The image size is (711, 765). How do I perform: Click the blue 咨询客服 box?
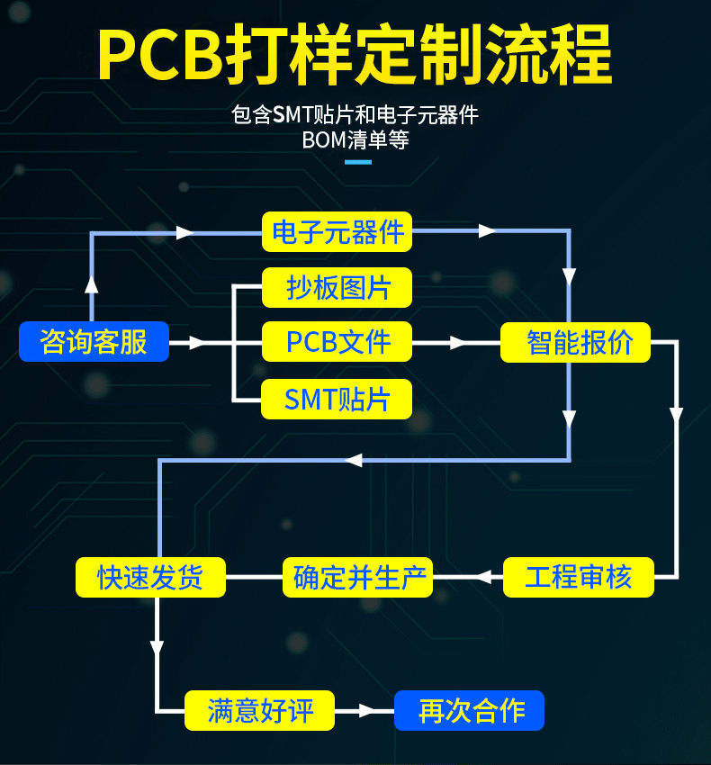(x=94, y=341)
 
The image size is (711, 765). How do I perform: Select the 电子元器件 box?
(x=337, y=231)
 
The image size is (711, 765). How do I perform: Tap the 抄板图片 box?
(x=337, y=287)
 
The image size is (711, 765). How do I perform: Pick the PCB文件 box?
(x=337, y=341)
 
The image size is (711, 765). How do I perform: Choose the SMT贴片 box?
(x=337, y=399)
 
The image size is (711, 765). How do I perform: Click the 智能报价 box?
(x=575, y=342)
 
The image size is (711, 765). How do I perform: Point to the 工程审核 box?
(x=579, y=577)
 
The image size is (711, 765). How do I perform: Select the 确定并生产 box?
(x=357, y=577)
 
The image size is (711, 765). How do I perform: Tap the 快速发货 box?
(x=151, y=577)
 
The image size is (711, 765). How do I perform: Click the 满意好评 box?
(x=259, y=710)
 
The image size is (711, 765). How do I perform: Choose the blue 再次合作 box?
(x=470, y=710)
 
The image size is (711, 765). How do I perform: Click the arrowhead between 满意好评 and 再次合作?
(x=367, y=711)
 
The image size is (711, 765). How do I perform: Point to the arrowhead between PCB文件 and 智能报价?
(x=459, y=343)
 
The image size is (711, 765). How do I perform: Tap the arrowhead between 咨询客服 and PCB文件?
(x=198, y=343)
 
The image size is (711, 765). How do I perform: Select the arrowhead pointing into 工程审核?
(x=483, y=577)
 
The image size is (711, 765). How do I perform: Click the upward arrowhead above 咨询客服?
(x=91, y=284)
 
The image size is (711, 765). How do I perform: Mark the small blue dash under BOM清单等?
(x=358, y=162)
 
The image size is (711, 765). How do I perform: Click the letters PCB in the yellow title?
(x=160, y=55)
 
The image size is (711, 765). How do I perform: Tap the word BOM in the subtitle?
(x=324, y=140)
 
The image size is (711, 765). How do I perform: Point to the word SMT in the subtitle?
(x=292, y=115)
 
